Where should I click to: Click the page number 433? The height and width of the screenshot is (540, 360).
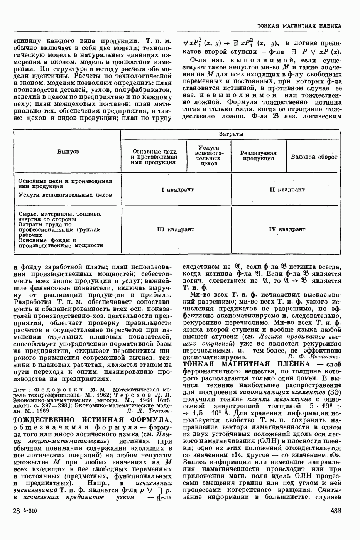click(336, 511)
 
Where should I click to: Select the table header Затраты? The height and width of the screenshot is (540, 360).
click(231, 134)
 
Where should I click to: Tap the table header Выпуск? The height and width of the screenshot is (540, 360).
click(68, 152)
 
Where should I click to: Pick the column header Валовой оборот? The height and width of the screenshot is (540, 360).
click(314, 157)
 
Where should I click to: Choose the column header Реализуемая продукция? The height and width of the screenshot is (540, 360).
click(259, 156)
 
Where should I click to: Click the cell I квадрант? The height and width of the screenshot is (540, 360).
click(177, 190)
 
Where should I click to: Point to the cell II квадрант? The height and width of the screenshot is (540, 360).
click(287, 190)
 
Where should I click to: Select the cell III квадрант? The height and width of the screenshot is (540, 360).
click(176, 229)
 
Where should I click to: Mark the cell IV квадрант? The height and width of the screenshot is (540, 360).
click(287, 229)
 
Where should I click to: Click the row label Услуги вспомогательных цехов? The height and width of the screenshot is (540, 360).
click(65, 195)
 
